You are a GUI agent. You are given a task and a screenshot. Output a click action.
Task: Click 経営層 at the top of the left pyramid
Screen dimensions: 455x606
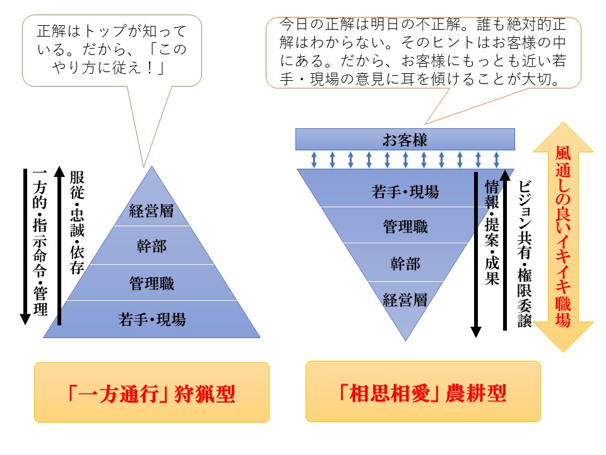151,210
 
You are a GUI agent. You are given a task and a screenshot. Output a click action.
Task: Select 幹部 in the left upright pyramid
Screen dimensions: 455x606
151,246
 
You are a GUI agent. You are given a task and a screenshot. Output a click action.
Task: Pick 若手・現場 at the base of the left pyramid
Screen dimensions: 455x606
151,319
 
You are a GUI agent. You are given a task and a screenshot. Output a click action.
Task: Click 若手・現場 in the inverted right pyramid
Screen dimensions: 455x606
405,191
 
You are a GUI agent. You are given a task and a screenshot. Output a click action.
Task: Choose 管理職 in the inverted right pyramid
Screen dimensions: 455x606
405,226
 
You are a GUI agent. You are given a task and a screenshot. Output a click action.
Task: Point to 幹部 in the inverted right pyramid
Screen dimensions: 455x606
405,263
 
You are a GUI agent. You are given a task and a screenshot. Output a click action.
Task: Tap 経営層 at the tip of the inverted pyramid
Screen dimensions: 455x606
405,299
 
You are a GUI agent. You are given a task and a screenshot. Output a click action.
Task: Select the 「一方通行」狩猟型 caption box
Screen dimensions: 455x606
151,393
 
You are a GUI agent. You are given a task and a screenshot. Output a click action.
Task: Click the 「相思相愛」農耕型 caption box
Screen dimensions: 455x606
423,393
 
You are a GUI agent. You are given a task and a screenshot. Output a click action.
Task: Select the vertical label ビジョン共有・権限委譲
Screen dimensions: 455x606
525,253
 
